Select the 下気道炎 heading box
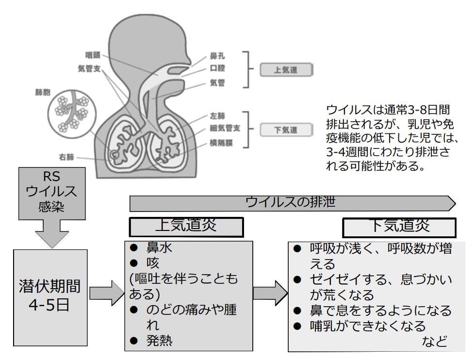tap(399, 227)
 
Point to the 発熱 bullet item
tap(160, 341)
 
